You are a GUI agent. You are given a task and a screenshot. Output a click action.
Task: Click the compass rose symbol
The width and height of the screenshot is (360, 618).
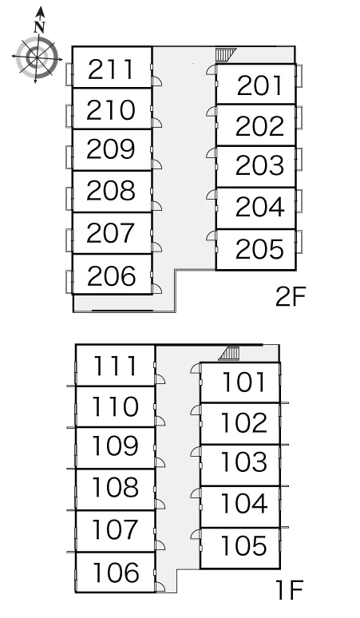pyautogui.click(x=37, y=57)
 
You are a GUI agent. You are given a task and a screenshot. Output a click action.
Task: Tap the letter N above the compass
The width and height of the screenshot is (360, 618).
pyautogui.click(x=39, y=27)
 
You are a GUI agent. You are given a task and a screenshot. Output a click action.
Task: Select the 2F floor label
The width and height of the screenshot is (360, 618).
pyautogui.click(x=291, y=296)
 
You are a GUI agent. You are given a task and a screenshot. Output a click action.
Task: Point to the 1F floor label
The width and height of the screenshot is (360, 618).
pyautogui.click(x=290, y=590)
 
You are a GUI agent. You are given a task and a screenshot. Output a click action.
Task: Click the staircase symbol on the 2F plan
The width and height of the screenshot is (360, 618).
pyautogui.click(x=225, y=55)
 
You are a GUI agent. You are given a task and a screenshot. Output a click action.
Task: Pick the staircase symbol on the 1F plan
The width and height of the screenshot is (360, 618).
pyautogui.click(x=230, y=354)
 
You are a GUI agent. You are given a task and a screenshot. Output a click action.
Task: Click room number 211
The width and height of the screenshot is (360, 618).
pyautogui.click(x=111, y=69)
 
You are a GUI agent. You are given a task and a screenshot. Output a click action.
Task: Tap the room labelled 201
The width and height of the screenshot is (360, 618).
pyautogui.click(x=260, y=85)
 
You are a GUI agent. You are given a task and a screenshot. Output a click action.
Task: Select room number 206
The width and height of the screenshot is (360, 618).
pyautogui.click(x=112, y=275)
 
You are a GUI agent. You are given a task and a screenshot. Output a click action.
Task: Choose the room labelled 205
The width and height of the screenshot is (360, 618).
pyautogui.click(x=260, y=249)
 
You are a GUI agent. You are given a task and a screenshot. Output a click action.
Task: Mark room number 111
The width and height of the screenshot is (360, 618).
pyautogui.click(x=115, y=366)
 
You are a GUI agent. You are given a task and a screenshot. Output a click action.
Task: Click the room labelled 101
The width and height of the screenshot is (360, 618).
pyautogui.click(x=243, y=382)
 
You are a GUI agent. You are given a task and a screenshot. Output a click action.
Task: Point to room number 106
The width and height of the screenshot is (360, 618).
pyautogui.click(x=116, y=572)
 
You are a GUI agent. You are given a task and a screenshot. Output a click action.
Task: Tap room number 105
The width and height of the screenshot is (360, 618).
pyautogui.click(x=244, y=545)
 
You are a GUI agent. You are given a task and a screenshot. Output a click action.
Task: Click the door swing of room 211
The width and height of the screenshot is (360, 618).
pyautogui.click(x=156, y=81)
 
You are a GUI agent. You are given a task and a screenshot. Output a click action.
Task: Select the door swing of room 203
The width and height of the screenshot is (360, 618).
pyautogui.click(x=211, y=153)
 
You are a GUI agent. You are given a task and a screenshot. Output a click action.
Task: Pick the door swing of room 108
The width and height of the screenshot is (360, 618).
pyautogui.click(x=160, y=504)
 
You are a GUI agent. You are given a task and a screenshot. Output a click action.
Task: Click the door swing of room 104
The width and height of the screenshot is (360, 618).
pyautogui.click(x=196, y=493)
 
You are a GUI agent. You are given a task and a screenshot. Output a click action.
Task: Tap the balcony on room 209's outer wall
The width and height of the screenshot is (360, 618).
pyautogui.click(x=69, y=156)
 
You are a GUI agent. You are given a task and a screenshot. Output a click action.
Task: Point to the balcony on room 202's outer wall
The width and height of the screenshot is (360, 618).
pyautogui.click(x=299, y=117)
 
